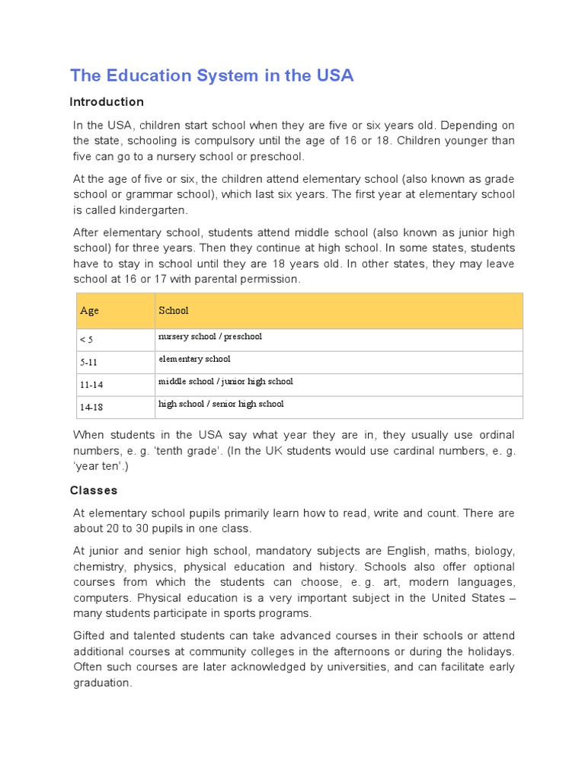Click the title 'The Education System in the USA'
point(212,75)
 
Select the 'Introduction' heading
point(107,102)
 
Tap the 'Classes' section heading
point(94,491)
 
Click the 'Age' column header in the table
point(89,311)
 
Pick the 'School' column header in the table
point(174,311)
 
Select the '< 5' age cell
point(86,340)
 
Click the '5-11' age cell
point(88,363)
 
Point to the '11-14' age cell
point(91,385)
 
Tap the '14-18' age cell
point(91,408)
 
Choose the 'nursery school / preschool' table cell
point(210,337)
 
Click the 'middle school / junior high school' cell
point(225,382)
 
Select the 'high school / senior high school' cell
point(221,404)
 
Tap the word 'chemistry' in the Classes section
point(99,567)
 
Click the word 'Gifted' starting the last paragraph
point(89,636)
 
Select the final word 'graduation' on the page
point(101,683)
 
